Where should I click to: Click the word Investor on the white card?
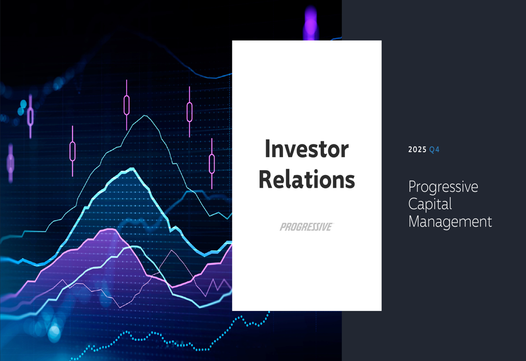pyautogui.click(x=306, y=149)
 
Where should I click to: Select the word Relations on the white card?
pyautogui.click(x=307, y=180)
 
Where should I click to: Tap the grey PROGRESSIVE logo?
pyautogui.click(x=306, y=227)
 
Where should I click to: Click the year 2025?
pyautogui.click(x=417, y=150)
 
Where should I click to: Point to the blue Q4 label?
pyautogui.click(x=434, y=150)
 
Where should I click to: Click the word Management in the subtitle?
pyautogui.click(x=450, y=221)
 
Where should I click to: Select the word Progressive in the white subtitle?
pyautogui.click(x=443, y=187)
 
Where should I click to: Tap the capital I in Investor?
pyautogui.click(x=268, y=149)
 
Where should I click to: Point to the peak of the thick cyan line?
pyautogui.click(x=132, y=169)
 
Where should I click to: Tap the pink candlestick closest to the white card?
pyautogui.click(x=212, y=163)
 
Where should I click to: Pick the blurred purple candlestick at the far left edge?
pyautogui.click(x=10, y=160)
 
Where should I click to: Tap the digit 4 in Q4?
pyautogui.click(x=437, y=150)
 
